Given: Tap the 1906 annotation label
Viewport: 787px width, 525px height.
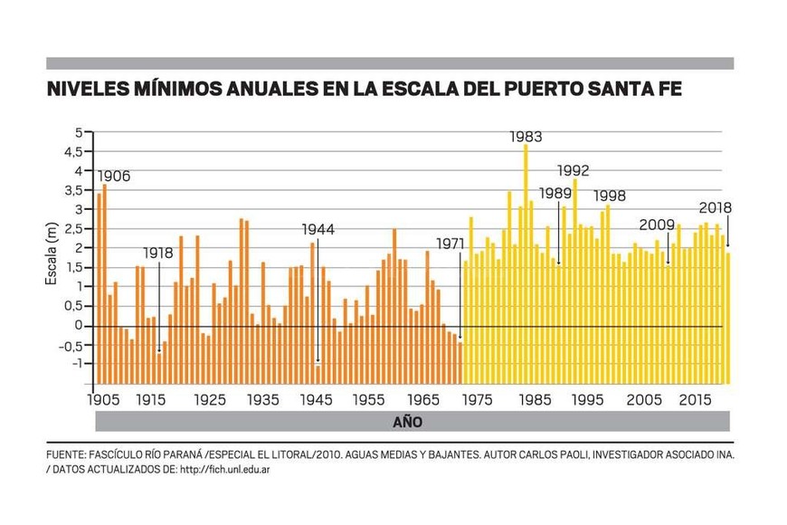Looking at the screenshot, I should point(113,176).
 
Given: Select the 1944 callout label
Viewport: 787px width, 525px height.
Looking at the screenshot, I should point(318,230).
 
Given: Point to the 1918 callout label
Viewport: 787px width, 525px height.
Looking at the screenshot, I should point(157,254).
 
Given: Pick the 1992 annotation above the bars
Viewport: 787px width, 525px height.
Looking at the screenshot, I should point(574,169).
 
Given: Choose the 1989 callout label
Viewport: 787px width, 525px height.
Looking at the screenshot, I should point(556,193).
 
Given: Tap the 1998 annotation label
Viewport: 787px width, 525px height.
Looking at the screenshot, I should point(610,196).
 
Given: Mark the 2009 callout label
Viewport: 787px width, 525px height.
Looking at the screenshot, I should point(657,225).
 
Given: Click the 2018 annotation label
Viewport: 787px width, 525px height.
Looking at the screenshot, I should point(715,207).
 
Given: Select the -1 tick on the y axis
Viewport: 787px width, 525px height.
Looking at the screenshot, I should point(76,364).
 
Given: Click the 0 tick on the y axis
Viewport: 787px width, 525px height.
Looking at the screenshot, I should point(80,325).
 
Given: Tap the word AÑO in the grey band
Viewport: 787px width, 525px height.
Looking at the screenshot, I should point(406,422).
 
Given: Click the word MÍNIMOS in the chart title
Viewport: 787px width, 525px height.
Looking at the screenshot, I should point(187,91).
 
